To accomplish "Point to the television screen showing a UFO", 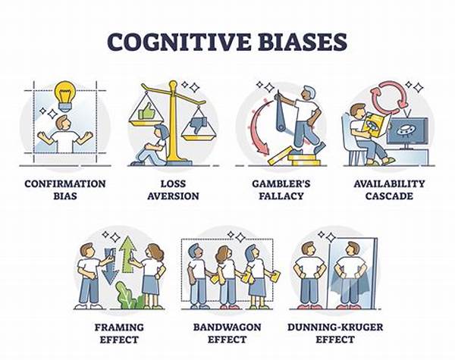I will (x=407, y=130).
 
